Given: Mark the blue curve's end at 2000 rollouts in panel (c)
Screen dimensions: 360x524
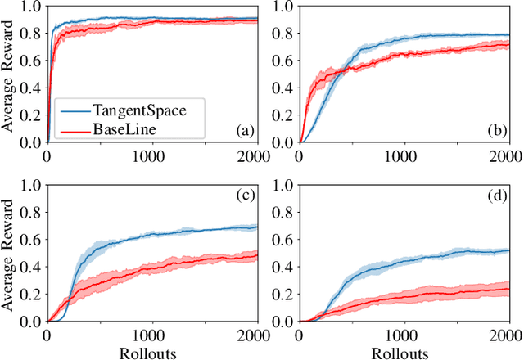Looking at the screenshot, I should pyautogui.click(x=255, y=227).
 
